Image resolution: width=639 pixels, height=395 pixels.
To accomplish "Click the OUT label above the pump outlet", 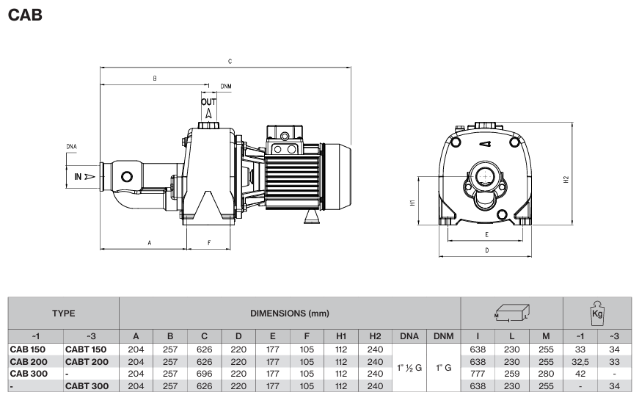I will [x=209, y=101].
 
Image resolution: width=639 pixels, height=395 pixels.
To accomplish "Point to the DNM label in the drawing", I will [x=226, y=86].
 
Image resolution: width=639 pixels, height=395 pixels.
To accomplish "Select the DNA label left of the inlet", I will [x=71, y=147].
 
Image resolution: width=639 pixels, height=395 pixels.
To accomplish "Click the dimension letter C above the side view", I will [x=230, y=60].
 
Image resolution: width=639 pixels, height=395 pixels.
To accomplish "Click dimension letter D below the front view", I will [x=487, y=250].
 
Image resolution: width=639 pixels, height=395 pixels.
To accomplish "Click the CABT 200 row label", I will [x=87, y=362].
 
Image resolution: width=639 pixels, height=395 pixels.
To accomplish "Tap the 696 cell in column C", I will [x=204, y=374].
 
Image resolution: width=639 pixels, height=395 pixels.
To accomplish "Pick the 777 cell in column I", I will [x=478, y=374].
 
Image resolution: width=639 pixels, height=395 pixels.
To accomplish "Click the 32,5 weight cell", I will [x=580, y=362].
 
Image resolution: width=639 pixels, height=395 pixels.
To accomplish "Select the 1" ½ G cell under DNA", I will [x=409, y=367].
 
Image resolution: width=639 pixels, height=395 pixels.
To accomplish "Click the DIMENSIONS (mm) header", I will [x=290, y=312].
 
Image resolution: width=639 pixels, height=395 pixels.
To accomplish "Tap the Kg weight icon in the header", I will [x=596, y=312].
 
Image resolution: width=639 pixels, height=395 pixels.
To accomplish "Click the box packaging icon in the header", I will [x=511, y=312].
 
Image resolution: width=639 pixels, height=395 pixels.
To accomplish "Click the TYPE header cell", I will [x=63, y=312].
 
